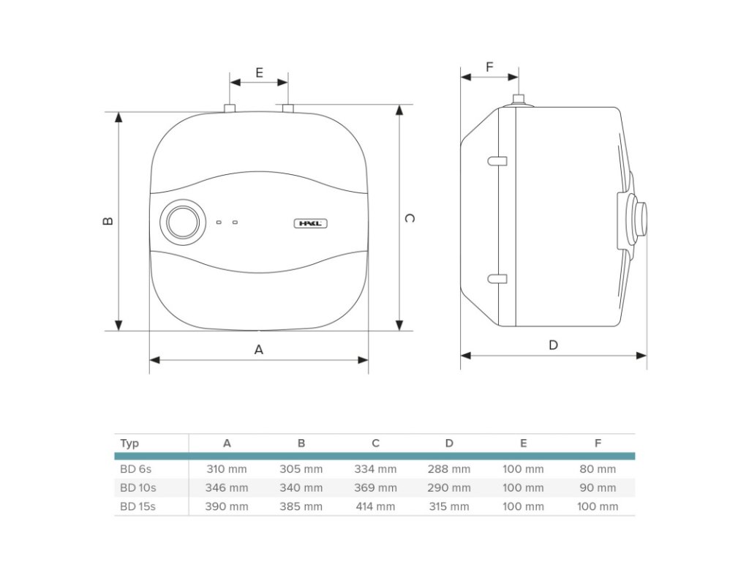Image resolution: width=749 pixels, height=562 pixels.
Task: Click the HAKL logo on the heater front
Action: point(310,223)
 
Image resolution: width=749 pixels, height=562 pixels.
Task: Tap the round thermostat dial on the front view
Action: point(183,222)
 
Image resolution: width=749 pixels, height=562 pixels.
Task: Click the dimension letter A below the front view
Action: point(259,350)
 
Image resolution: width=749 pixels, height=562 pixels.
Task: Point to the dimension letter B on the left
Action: point(108,221)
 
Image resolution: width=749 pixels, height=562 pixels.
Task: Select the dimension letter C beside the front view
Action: point(410,218)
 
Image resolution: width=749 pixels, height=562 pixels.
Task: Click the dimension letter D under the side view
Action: point(553,345)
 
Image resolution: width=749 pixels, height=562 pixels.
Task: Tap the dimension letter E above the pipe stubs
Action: point(260,72)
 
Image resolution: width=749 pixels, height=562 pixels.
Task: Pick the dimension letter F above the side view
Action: point(489,67)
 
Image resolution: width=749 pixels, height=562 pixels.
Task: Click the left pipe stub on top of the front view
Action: point(230,108)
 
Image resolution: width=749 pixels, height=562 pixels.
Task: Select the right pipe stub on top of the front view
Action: point(287,108)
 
